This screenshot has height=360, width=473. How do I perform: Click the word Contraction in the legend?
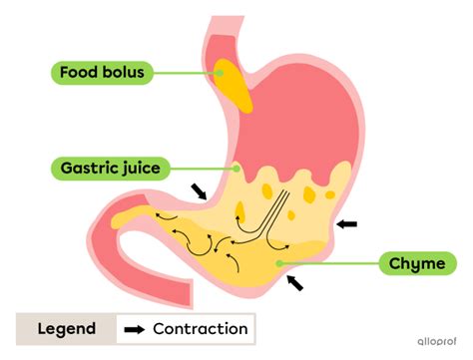click(x=200, y=328)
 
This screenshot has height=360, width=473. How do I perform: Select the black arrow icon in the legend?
click(x=133, y=328)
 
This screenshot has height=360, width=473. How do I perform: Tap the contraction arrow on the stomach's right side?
click(x=346, y=224)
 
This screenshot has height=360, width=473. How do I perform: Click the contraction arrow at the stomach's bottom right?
click(x=295, y=283)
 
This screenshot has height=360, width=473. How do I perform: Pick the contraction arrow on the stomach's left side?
click(x=201, y=189)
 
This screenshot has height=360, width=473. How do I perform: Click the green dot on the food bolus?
click(x=220, y=72)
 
